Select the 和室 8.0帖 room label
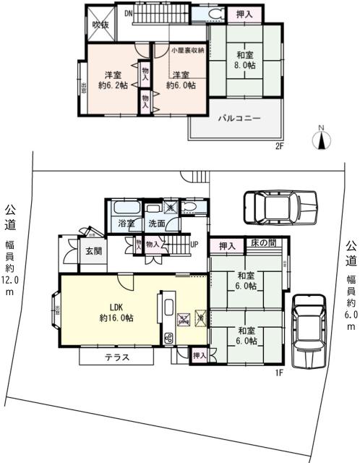pos(244,58)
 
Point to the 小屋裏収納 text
pos(188,50)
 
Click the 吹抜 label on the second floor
pos(99,24)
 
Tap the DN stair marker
pos(127,13)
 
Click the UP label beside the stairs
pos(194,244)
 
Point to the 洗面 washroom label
pos(156,224)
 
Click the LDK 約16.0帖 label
pos(116,312)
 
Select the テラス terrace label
pos(116,357)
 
